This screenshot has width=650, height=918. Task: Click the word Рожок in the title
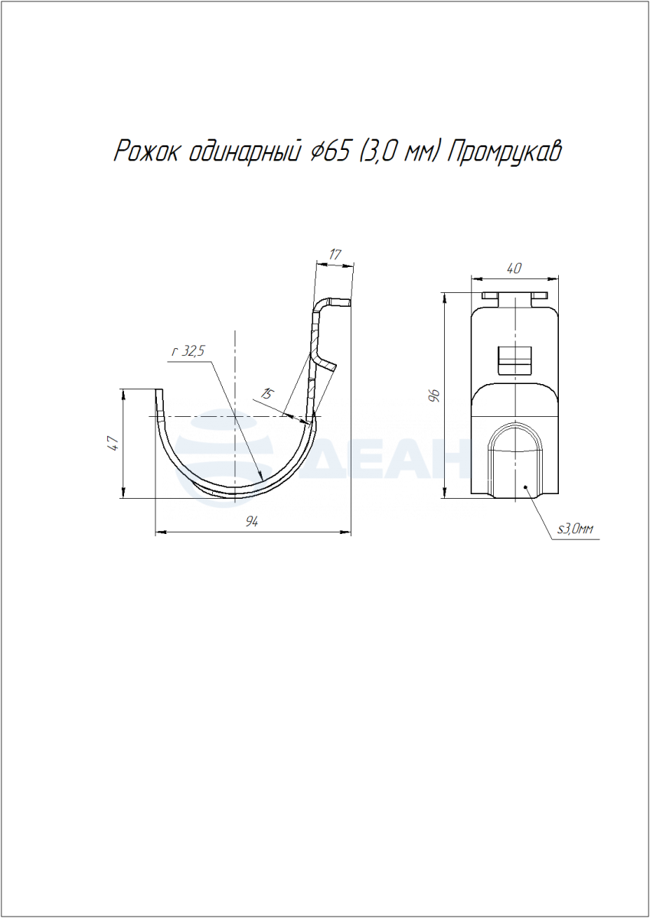pos(146,152)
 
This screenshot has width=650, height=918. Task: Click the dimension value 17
pos(335,255)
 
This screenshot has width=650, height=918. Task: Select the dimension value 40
pos(514,269)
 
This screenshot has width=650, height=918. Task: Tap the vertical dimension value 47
pos(113,444)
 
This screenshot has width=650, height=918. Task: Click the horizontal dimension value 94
pos(252,522)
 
